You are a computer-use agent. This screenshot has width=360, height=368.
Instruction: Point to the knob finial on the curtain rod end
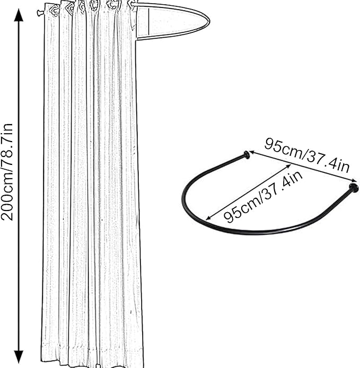click(39, 13)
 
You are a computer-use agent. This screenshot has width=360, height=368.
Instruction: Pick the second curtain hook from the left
click(69, 7)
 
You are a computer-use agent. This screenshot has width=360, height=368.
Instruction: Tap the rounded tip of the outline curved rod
click(209, 21)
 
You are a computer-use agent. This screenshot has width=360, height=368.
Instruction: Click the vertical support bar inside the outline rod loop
click(149, 22)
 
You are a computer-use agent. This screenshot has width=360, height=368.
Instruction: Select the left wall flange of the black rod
click(247, 155)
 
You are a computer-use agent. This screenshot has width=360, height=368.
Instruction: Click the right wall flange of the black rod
click(354, 188)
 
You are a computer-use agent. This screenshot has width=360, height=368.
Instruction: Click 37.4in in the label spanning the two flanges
click(329, 162)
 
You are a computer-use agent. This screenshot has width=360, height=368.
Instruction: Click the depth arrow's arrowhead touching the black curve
click(208, 218)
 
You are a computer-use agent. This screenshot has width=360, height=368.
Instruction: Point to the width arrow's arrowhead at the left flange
click(252, 153)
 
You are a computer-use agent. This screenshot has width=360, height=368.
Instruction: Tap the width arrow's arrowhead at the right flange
click(354, 180)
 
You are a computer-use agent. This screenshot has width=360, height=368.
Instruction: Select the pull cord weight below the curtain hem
click(99, 365)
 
